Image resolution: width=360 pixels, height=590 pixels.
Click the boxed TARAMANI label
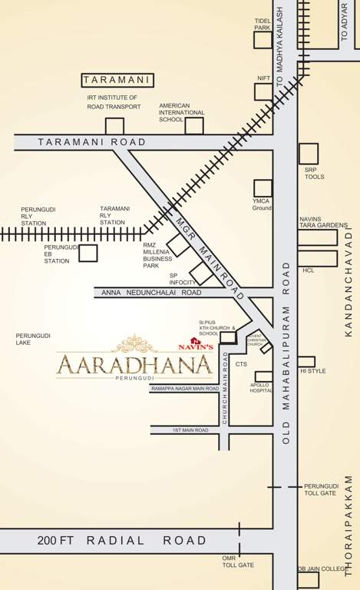(118, 80)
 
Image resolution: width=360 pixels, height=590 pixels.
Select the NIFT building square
(263, 92)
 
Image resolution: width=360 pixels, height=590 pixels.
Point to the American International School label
(182, 112)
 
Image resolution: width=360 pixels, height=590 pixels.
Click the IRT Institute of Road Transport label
(114, 102)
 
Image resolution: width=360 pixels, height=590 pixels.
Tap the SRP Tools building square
(309, 154)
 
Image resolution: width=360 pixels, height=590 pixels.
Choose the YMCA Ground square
(263, 187)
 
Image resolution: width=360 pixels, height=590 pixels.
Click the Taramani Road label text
(91, 142)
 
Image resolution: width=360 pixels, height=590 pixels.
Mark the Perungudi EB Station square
(88, 253)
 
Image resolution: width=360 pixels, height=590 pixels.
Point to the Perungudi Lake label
(31, 340)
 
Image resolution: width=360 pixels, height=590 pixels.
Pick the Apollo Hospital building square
(263, 377)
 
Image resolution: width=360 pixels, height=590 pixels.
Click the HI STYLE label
(313, 371)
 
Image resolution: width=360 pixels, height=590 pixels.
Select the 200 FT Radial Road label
(122, 540)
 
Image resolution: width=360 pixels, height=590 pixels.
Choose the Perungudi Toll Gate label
(320, 489)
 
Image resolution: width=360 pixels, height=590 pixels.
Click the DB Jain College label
(323, 568)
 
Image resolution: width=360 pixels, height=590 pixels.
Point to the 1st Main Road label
(190, 430)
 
